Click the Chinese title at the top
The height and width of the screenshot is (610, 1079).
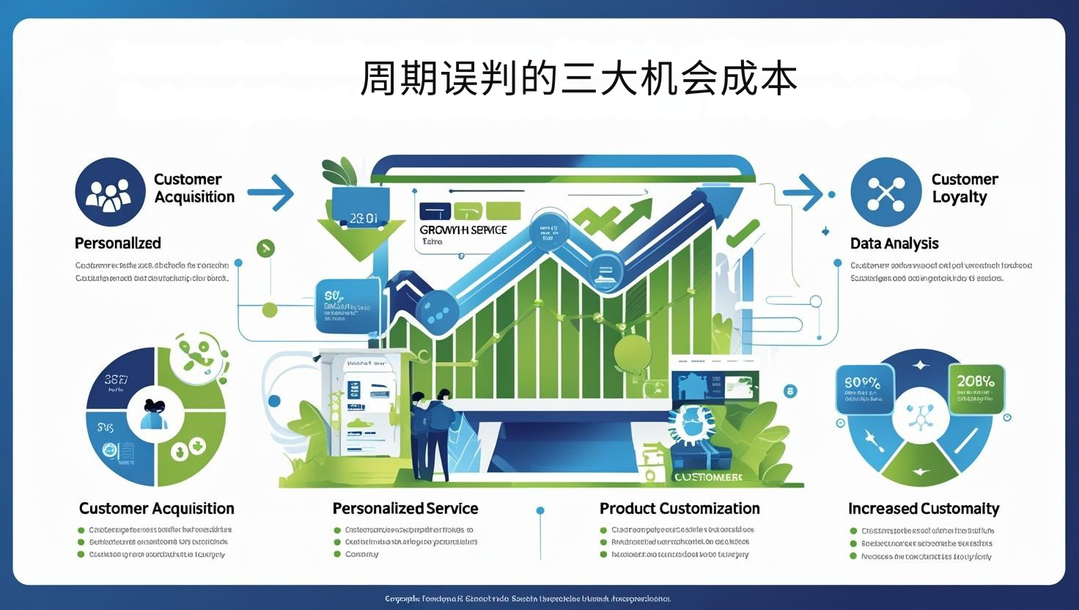[x=578, y=78]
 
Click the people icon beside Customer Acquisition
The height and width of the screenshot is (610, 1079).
[x=110, y=192]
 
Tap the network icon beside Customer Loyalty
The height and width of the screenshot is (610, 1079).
[x=885, y=192]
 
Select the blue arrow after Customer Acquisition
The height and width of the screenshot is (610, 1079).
[x=271, y=193]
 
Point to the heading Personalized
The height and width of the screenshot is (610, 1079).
[x=117, y=243]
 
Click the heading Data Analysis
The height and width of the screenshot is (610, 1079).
[x=894, y=243]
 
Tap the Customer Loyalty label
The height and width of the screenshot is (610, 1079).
[x=964, y=188]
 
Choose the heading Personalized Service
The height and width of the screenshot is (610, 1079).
[x=405, y=509]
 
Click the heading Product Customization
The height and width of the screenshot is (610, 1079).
[x=680, y=509]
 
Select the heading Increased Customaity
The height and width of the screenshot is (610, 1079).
[x=924, y=509]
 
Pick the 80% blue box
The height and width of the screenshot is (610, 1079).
[x=864, y=389]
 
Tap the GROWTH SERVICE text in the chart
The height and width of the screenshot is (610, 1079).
[x=463, y=230]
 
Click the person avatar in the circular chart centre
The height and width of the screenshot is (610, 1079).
[x=155, y=416]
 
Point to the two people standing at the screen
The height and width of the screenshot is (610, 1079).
[x=430, y=433]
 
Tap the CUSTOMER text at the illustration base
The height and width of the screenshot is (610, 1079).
[x=708, y=477]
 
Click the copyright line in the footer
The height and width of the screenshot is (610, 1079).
[x=528, y=599]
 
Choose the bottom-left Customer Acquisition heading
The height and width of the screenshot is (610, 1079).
[x=157, y=509]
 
